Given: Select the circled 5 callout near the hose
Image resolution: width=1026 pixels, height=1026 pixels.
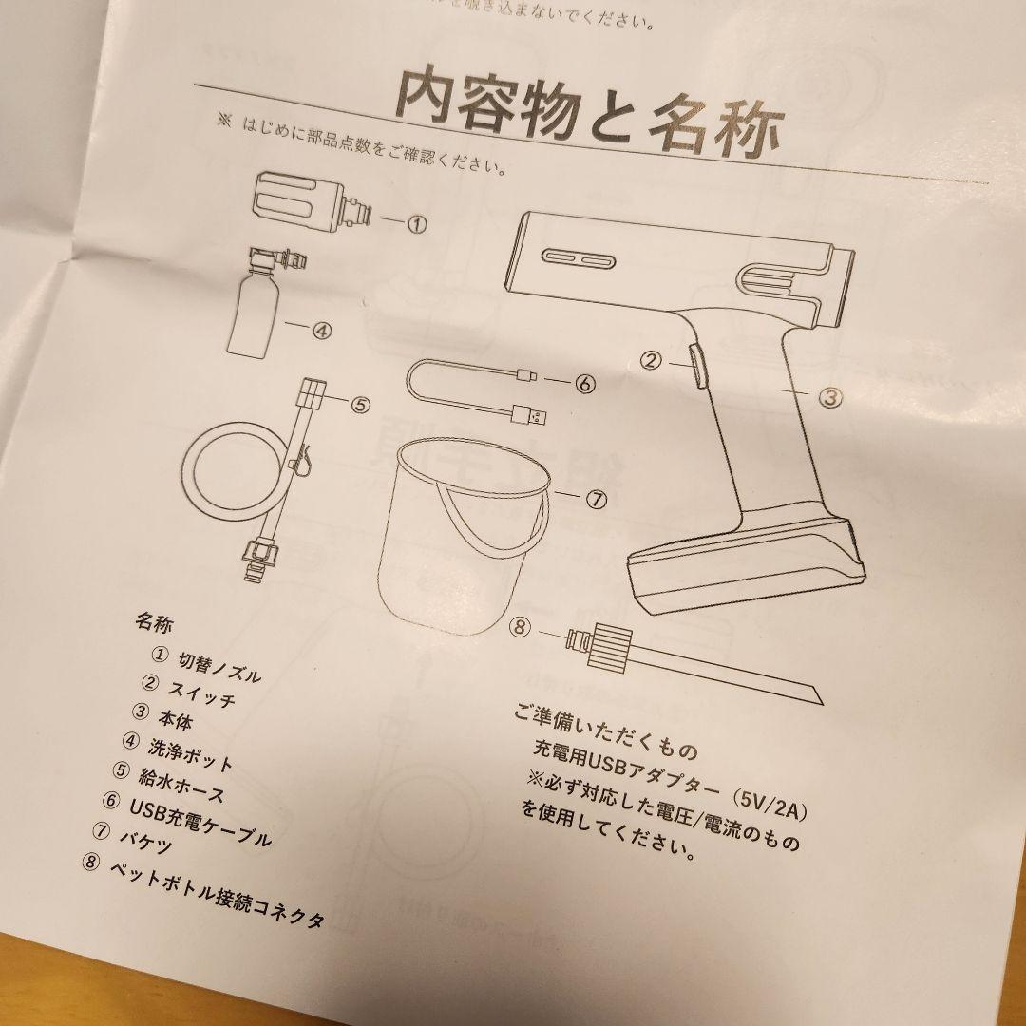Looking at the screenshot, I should tap(360, 404).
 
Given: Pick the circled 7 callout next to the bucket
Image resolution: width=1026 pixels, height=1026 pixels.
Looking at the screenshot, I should tap(596, 502).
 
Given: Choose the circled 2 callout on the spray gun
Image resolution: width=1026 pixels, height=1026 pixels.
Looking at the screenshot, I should tap(650, 360).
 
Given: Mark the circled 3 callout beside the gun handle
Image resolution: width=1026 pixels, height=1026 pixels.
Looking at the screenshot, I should tap(830, 398).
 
